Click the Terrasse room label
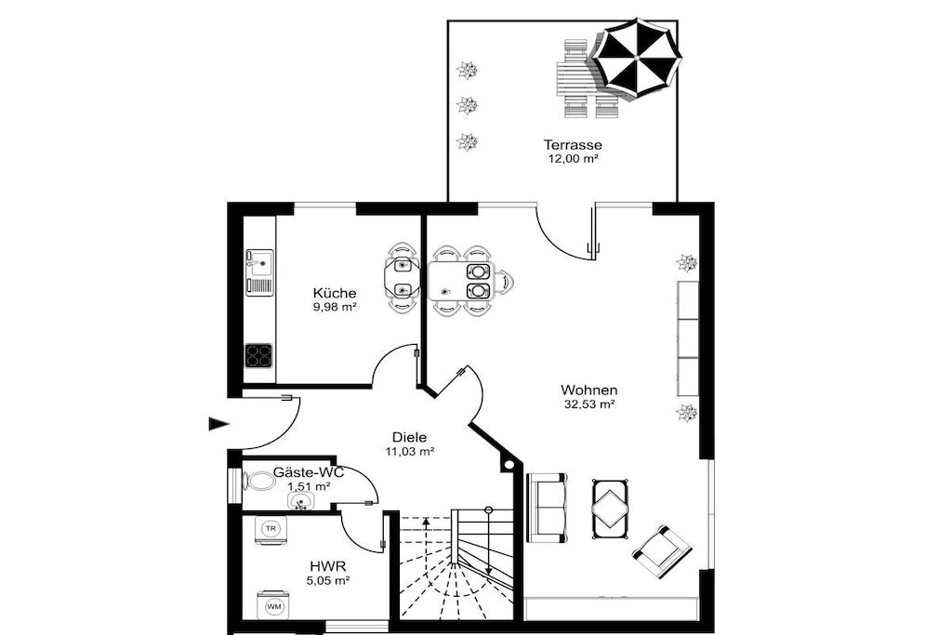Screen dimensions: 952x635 click(573, 145)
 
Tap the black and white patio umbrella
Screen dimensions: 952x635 click(636, 58)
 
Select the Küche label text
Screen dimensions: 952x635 click(335, 293)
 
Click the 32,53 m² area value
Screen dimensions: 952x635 click(589, 403)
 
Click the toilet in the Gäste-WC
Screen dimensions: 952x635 click(259, 482)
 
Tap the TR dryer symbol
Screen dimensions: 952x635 click(271, 530)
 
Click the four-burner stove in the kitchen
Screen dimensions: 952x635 click(258, 355)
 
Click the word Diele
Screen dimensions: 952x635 click(409, 437)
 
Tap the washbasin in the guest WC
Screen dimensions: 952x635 click(301, 502)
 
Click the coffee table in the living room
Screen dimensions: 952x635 click(611, 509)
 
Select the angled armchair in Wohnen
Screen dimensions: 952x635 click(662, 551)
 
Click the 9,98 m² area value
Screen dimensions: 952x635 click(335, 307)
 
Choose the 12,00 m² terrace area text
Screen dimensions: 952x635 click(573, 159)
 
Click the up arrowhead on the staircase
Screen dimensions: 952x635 click(427, 521)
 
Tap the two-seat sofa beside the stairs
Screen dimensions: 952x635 click(549, 508)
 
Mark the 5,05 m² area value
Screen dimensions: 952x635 click(328, 580)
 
